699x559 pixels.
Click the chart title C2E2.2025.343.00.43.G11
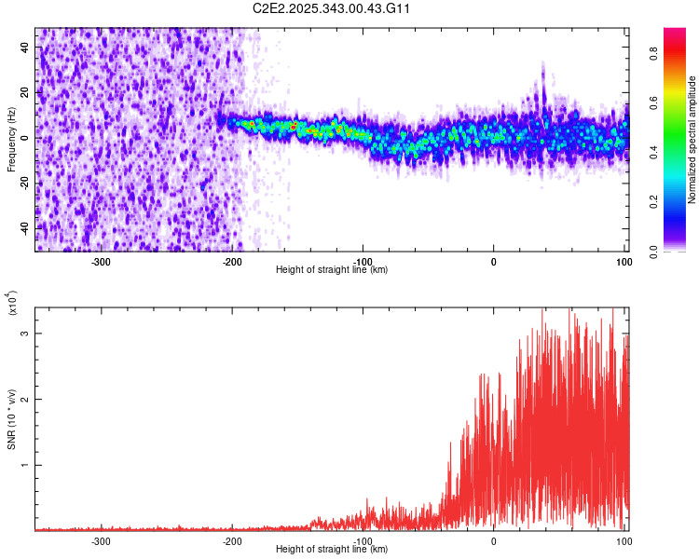pos(332,8)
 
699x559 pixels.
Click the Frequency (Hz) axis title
pos(11,139)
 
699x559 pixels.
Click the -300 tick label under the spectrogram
pos(102,262)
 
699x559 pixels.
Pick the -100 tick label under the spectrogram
pos(363,262)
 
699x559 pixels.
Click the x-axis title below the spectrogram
pos(332,270)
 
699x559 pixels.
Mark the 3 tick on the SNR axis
pos(25,333)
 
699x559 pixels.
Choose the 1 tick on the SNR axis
pos(25,465)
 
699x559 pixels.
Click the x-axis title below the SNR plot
pos(332,550)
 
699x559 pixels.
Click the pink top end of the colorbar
pos(675,33)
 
